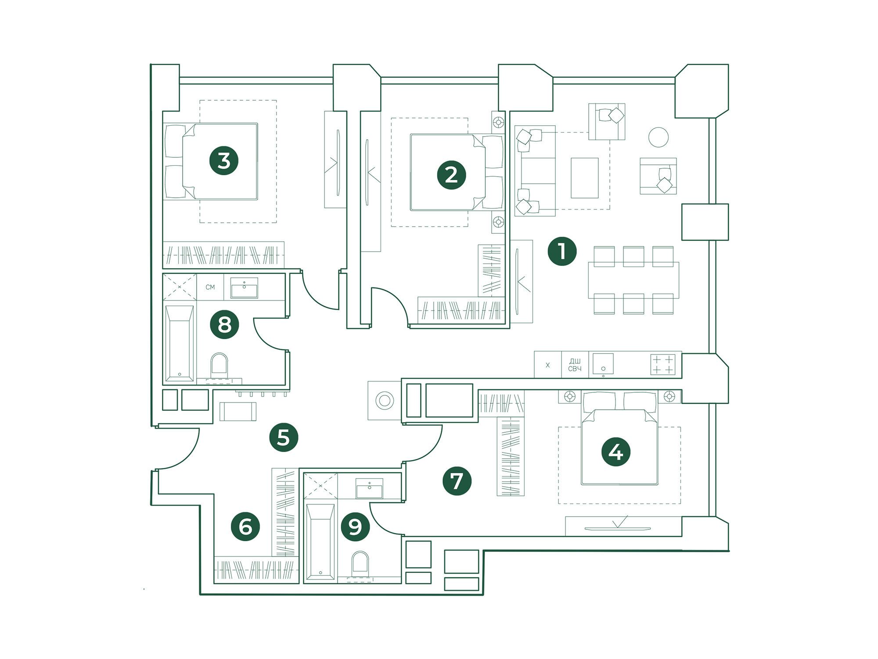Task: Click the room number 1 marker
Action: (x=562, y=251)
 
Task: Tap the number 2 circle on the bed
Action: (x=451, y=175)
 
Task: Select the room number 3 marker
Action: (x=224, y=160)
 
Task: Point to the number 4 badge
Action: (x=616, y=452)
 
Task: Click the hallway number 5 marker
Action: (x=284, y=437)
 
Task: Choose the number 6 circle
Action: (x=245, y=526)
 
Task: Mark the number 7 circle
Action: (x=457, y=481)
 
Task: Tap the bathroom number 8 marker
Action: (x=224, y=325)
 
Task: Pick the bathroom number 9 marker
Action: (x=355, y=526)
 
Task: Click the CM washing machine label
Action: (x=210, y=287)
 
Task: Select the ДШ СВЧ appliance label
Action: (x=575, y=365)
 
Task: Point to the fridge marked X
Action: (x=547, y=365)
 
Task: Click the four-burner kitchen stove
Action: (x=663, y=364)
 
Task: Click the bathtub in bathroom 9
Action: (x=320, y=542)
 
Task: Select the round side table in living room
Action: (x=658, y=137)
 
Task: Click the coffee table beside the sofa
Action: (x=584, y=178)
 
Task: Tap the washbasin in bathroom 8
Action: (x=244, y=288)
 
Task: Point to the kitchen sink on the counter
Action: (x=603, y=364)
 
